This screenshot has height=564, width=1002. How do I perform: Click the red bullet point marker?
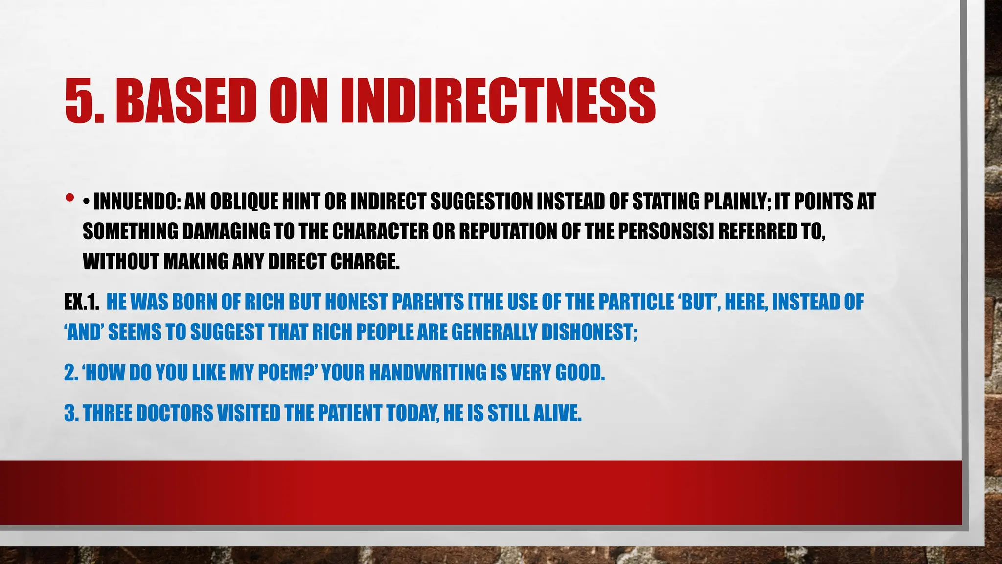pos(69,198)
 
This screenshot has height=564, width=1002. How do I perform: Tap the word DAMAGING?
pos(226,232)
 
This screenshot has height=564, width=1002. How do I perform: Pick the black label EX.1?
pos(81,302)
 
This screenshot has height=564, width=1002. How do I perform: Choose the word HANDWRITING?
pos(427,373)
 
